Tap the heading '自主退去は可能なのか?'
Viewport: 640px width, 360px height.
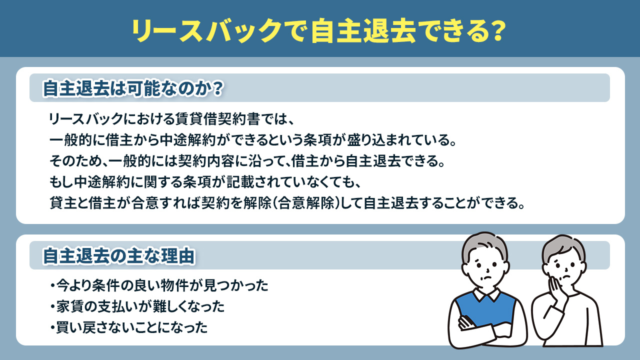[x=132, y=88]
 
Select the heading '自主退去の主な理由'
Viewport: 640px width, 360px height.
[x=118, y=255]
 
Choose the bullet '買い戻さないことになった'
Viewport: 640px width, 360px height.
[x=130, y=327]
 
